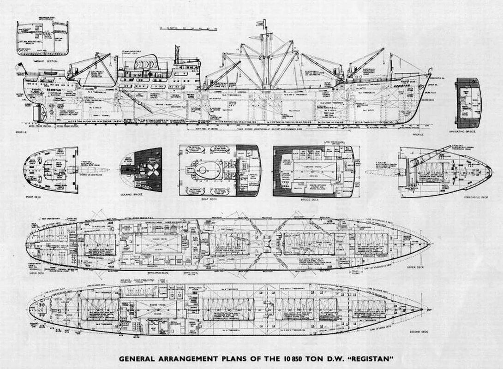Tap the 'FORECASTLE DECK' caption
(x=476, y=196)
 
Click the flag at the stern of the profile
(x=19, y=66)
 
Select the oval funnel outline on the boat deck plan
(x=202, y=170)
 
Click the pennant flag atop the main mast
(x=264, y=23)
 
